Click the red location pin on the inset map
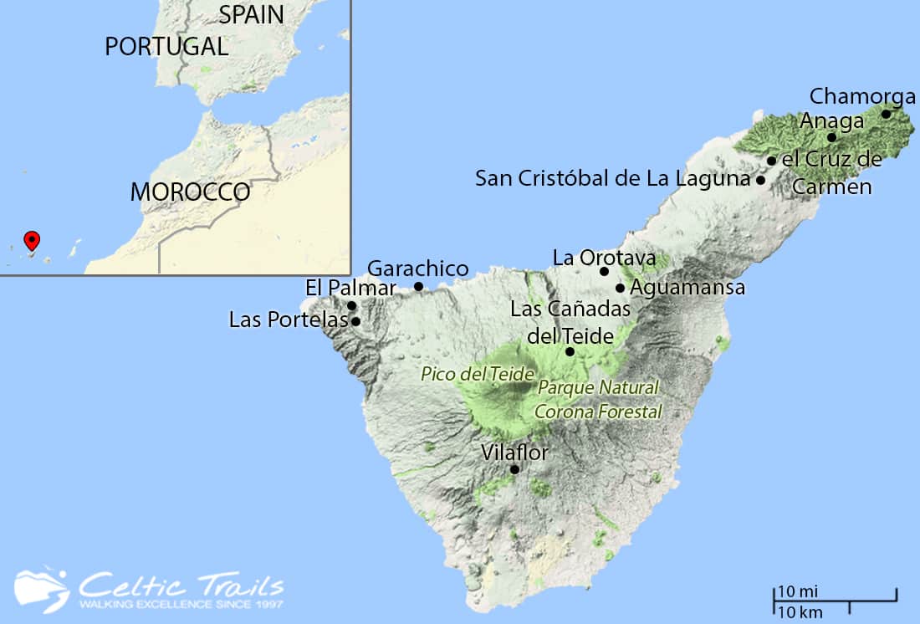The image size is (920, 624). [32, 240]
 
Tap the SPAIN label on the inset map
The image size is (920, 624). [251, 14]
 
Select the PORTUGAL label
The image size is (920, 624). [166, 46]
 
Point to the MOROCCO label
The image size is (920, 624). [190, 192]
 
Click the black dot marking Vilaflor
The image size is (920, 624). [514, 469]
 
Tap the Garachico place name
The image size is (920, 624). [418, 269]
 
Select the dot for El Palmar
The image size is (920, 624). [352, 305]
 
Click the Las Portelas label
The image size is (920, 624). [288, 320]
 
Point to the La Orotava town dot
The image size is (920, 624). [605, 271]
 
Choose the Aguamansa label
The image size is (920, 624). [687, 288]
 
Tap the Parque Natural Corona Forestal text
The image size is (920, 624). [598, 400]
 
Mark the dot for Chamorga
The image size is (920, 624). [886, 114]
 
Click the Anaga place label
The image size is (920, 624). [831, 121]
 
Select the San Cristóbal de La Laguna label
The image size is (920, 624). [612, 178]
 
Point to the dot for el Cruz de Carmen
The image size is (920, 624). [771, 161]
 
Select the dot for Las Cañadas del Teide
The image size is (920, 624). [570, 351]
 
